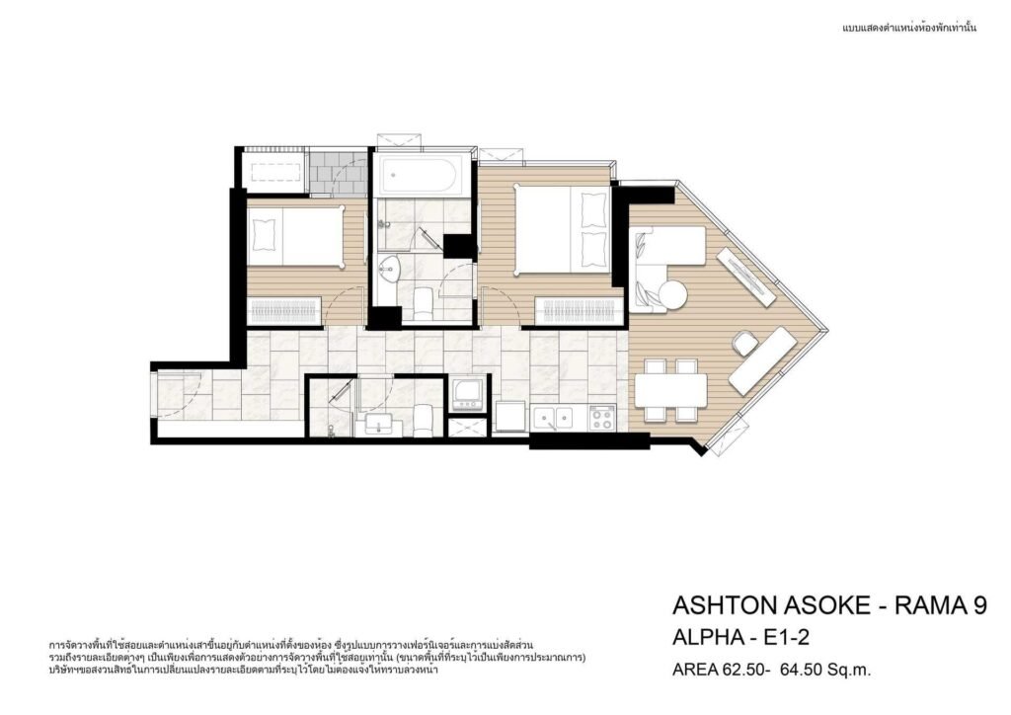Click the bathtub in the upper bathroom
(418, 174)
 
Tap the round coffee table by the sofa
(671, 295)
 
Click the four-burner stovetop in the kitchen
(602, 418)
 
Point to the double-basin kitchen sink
(553, 419)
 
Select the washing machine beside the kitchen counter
(467, 394)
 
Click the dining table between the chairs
(671, 390)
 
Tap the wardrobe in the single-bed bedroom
(283, 310)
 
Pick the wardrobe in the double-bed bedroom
(579, 310)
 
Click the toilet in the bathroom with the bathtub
(423, 303)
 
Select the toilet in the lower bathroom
(423, 421)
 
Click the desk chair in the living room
(744, 342)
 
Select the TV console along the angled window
(746, 277)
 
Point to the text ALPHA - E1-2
(740, 637)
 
